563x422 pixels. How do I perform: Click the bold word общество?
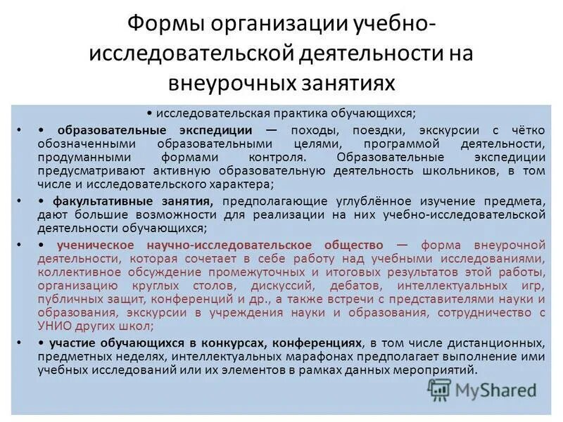[x=353, y=245]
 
